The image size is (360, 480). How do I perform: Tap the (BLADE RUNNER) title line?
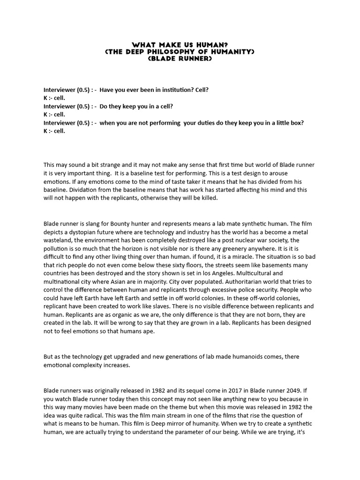click(180, 60)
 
